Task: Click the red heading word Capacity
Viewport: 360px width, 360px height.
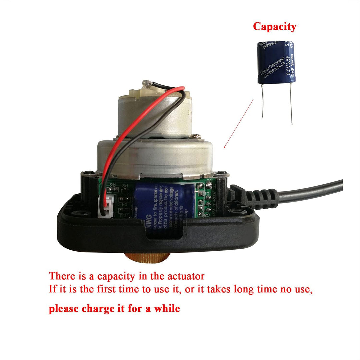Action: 274,27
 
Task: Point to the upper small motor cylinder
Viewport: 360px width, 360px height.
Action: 153,113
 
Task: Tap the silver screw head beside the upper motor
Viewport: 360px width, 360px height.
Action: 196,136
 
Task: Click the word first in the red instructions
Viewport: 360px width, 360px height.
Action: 106,289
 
